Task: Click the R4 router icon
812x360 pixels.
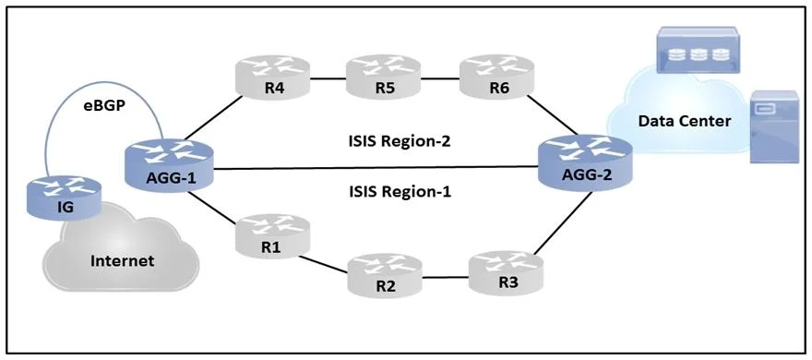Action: tap(272, 77)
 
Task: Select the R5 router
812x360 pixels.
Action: tap(384, 77)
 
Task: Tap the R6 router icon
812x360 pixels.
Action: tap(497, 77)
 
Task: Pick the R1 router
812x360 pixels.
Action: tap(272, 236)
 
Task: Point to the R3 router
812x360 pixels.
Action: tap(507, 272)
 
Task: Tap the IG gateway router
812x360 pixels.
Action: tap(65, 198)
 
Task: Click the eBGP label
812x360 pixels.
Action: tap(103, 109)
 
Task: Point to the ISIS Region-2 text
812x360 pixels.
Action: tap(400, 142)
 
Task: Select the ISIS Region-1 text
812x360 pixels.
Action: tap(400, 192)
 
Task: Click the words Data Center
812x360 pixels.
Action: tap(684, 121)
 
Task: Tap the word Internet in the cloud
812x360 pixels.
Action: tap(123, 260)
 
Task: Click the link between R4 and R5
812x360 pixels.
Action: tap(328, 79)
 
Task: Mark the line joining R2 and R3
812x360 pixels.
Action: tap(446, 277)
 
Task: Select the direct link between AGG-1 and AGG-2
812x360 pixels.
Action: tap(376, 168)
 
